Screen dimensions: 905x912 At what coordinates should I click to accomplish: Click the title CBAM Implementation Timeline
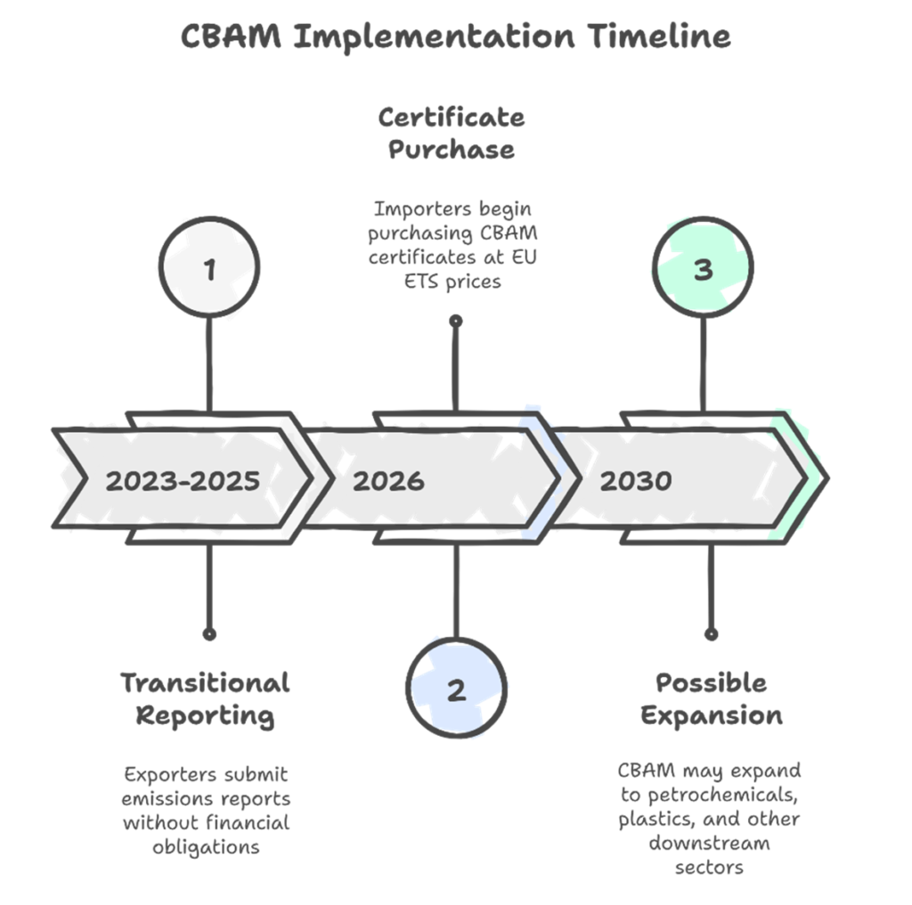click(455, 37)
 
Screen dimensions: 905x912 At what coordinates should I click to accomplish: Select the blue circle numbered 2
click(457, 688)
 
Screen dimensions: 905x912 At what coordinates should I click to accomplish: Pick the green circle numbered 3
click(704, 267)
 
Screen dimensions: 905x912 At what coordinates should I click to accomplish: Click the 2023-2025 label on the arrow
click(183, 481)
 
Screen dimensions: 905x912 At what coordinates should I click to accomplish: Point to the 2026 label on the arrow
click(388, 481)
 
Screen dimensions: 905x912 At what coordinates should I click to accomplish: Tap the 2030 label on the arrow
click(635, 481)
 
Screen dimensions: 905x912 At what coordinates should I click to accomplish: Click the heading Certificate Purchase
click(452, 133)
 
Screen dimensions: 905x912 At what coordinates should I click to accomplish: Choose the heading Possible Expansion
click(712, 699)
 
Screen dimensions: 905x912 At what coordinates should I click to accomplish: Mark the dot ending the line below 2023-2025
click(210, 634)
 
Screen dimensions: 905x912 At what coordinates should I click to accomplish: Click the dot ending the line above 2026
click(456, 321)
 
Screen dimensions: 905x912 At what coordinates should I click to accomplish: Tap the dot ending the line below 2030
click(711, 634)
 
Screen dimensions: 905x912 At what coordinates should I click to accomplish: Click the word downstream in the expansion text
click(709, 843)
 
